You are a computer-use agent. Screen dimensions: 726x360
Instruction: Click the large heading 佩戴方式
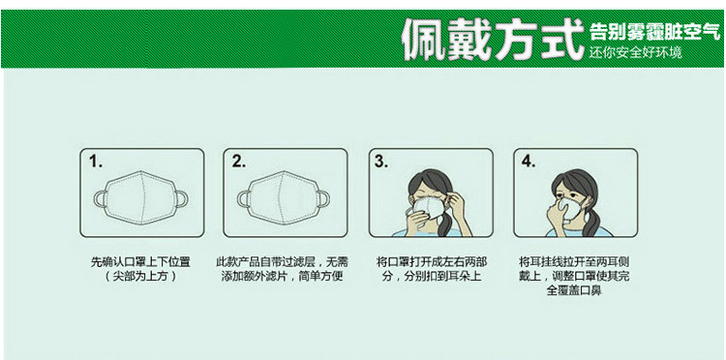coord(492,39)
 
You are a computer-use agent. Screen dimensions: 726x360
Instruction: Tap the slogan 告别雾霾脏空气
coord(655,32)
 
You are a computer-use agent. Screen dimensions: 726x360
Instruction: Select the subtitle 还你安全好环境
coord(635,52)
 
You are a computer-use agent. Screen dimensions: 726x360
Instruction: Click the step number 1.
coord(96,162)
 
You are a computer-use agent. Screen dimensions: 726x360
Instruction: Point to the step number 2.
coord(239,162)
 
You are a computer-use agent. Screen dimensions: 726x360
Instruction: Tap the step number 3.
coord(381,162)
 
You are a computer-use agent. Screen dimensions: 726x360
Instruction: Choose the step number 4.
coord(529,162)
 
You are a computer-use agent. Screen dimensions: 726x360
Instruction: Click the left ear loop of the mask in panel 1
coord(96,199)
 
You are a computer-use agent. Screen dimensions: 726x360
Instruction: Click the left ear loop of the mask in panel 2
coord(239,199)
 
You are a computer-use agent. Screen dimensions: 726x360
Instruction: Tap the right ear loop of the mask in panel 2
coord(329,199)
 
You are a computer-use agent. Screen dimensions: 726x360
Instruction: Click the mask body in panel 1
coord(141,197)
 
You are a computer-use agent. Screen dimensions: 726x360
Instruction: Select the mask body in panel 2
coord(284,197)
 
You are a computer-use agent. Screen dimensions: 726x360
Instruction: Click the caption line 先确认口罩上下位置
coord(140,262)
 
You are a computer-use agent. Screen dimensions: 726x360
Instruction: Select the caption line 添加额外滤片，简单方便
coord(282,277)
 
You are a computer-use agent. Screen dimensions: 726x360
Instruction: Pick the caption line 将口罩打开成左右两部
coord(432,262)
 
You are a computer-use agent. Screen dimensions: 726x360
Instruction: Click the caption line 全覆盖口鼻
coord(574,291)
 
